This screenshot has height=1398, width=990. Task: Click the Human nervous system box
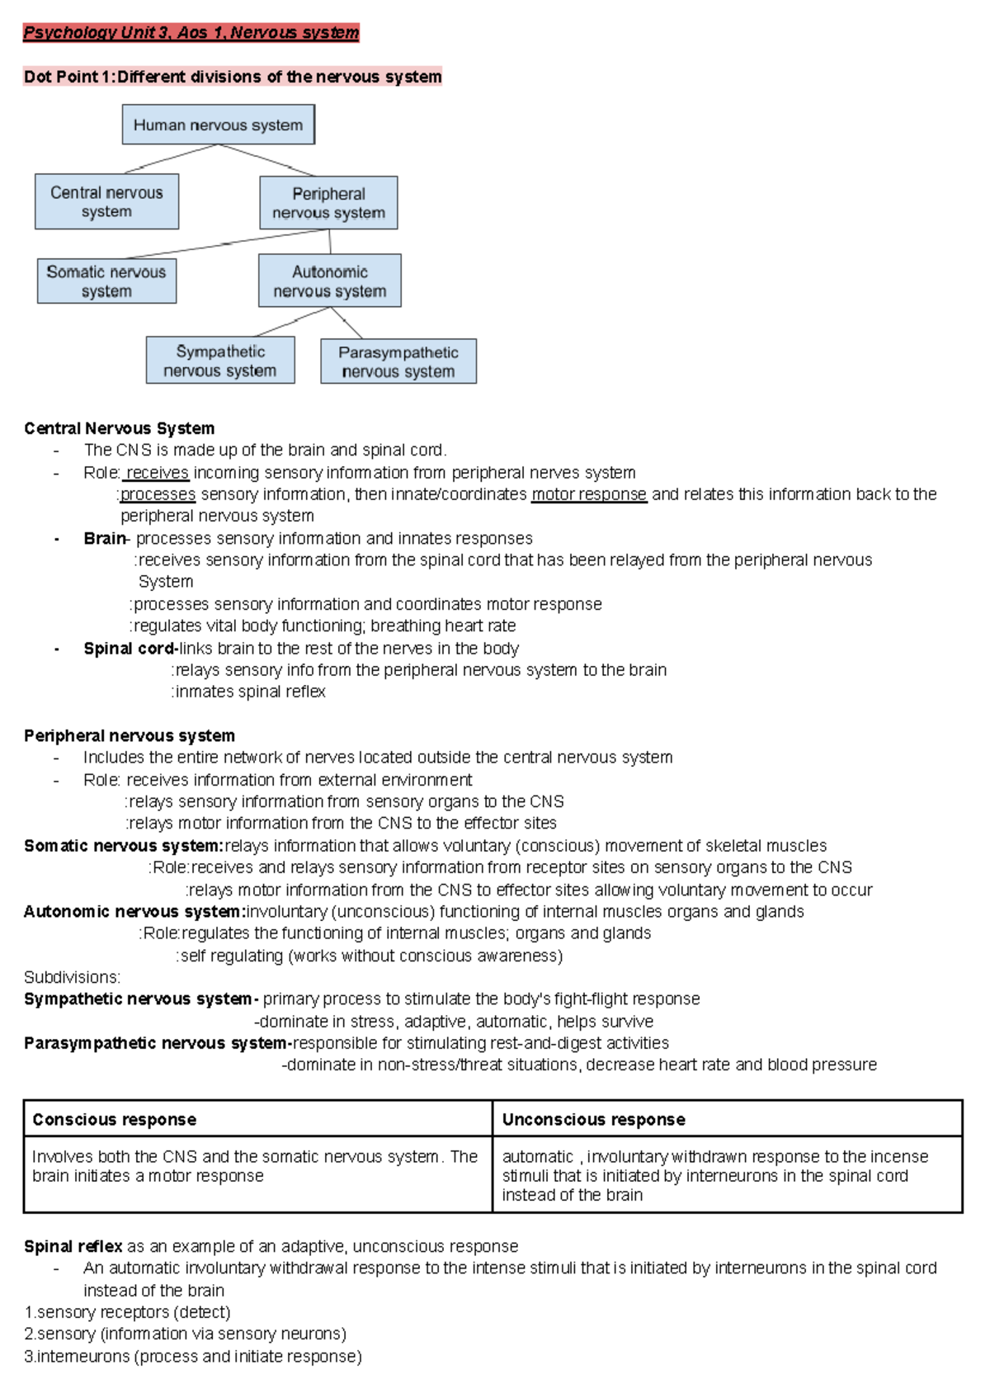coord(218,125)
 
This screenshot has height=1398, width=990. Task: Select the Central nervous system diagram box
coord(106,201)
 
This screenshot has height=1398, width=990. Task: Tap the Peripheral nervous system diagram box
coord(328,203)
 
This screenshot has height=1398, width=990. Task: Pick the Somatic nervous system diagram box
coord(106,281)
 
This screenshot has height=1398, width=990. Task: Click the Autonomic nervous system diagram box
coord(329,281)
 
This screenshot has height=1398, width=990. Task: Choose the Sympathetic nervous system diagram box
coord(220,361)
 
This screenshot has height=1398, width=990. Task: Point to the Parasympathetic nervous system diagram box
coord(398,361)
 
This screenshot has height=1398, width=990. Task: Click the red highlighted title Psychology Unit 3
coord(191,33)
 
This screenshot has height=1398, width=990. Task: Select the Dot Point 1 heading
coord(233,77)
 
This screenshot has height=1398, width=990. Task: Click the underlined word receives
coord(158,473)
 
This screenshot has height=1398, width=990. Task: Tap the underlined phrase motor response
coord(589,494)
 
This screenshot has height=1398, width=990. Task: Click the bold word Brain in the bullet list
coord(104,539)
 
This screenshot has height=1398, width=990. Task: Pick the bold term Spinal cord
coord(129,649)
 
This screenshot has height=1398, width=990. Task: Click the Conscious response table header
coord(115,1120)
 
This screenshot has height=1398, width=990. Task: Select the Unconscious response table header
coord(593,1120)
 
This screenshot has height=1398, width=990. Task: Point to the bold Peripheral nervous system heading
coord(130,735)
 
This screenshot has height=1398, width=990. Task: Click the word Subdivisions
coord(72,977)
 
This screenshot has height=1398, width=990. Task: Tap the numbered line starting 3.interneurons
coord(193,1357)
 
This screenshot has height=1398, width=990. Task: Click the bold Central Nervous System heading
coord(119,428)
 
